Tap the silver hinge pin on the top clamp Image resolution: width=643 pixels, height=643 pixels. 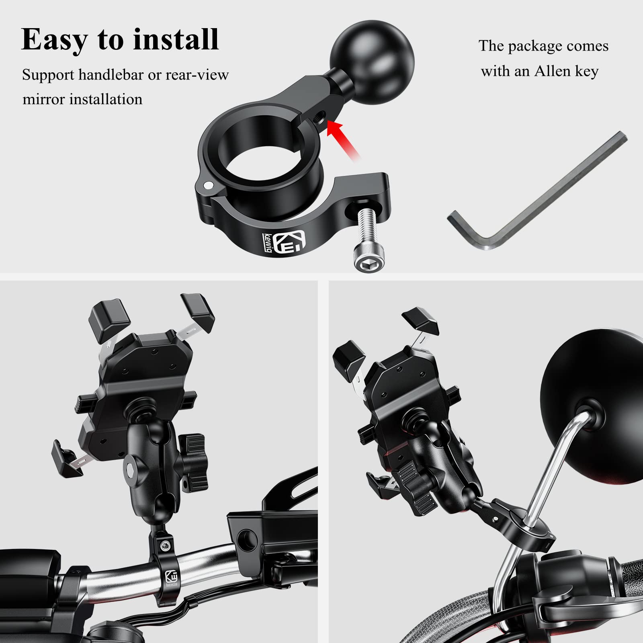208,184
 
